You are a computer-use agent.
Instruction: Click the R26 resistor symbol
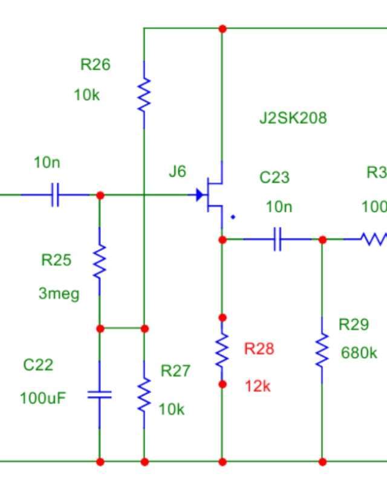[x=144, y=95]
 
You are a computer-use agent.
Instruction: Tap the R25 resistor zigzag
[x=100, y=261]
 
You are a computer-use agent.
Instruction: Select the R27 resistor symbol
[x=144, y=394]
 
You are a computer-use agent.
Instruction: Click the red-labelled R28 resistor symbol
[x=223, y=350]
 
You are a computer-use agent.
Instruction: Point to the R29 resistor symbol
[x=322, y=350]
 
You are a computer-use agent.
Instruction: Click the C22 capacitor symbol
[x=100, y=395]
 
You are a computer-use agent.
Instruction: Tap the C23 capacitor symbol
[x=278, y=239]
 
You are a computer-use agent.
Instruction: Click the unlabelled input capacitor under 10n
[x=54, y=195]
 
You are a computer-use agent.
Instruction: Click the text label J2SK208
[x=293, y=117]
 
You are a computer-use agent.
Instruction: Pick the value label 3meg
[x=59, y=294]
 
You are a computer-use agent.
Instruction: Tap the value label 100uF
[x=42, y=398]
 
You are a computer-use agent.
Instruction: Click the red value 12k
[x=258, y=386]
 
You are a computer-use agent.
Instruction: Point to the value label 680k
[x=359, y=352]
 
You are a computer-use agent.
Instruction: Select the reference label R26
[x=95, y=65]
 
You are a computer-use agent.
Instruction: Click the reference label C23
[x=275, y=177]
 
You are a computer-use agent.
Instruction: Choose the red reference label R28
[x=259, y=348]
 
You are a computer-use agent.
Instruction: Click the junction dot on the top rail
[x=223, y=28]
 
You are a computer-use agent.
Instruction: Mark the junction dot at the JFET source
[x=223, y=240]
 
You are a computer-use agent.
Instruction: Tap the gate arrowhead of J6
[x=199, y=195]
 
